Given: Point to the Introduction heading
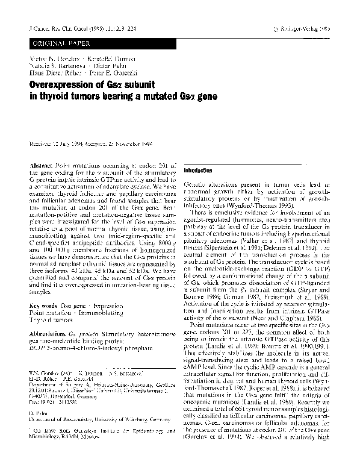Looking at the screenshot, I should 203,171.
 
